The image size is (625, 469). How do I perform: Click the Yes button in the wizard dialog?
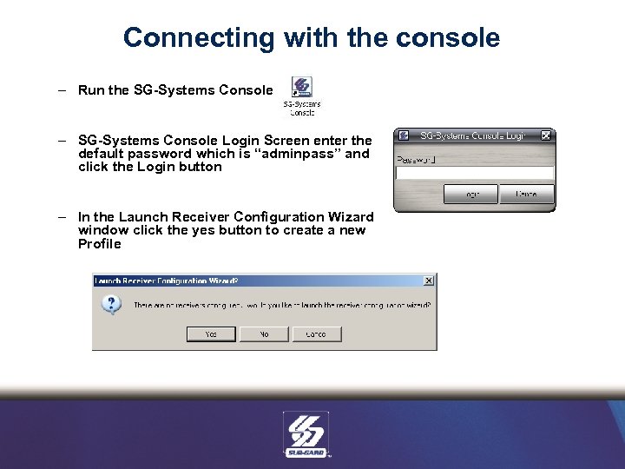[x=211, y=334]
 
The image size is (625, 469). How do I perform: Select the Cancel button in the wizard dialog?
[x=316, y=334]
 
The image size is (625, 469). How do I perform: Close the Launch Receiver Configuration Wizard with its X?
[x=428, y=281]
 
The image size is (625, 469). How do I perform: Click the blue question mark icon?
[x=111, y=306]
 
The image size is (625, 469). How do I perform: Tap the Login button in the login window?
[x=470, y=194]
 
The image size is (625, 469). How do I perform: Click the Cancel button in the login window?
[x=526, y=194]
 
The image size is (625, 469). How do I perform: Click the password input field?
[x=474, y=173]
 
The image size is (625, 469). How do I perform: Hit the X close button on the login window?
[x=545, y=135]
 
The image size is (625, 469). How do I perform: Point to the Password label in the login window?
[x=416, y=159]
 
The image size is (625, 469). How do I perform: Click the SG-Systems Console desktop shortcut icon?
[x=301, y=89]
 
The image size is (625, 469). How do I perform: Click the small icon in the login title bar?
[x=404, y=135]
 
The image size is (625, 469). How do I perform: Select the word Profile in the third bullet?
[x=99, y=244]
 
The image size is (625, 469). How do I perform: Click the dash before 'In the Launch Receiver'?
[x=63, y=217]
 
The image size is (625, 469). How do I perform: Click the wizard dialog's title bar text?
[x=166, y=281]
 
